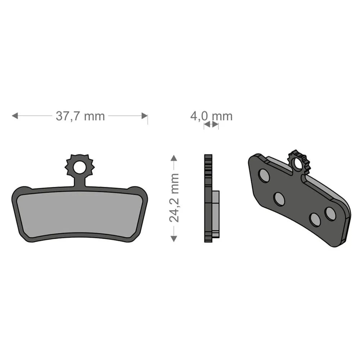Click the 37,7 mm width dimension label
tap(80, 116)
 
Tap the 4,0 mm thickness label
tap(211, 116)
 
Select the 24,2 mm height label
tap(174, 198)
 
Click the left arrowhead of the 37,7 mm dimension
tap(15, 116)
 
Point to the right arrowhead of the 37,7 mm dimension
tap(144, 116)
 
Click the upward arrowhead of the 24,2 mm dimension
tap(174, 158)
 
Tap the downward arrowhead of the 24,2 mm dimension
tap(174, 239)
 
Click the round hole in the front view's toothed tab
tap(79, 167)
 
